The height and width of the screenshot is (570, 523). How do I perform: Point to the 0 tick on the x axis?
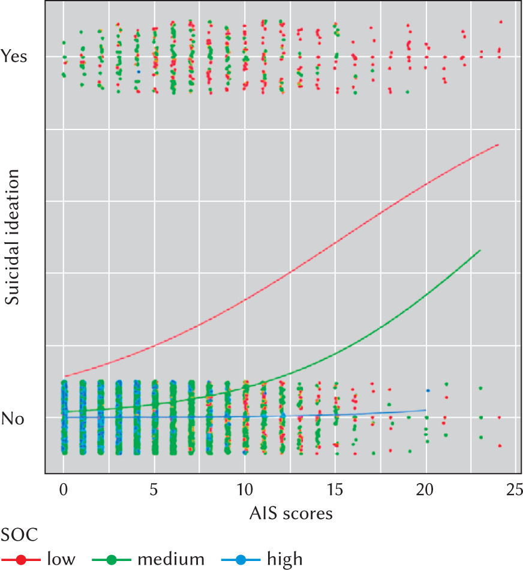pos(64,491)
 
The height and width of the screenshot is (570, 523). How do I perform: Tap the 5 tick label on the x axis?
pos(155,491)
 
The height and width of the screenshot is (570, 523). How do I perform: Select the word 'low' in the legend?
pos(61,560)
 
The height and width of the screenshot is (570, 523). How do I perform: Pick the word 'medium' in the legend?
pos(171,560)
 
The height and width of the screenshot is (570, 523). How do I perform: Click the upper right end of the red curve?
pos(498,144)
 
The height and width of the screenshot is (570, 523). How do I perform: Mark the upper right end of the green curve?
pos(480,250)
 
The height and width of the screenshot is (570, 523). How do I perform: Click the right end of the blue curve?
pos(425,410)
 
